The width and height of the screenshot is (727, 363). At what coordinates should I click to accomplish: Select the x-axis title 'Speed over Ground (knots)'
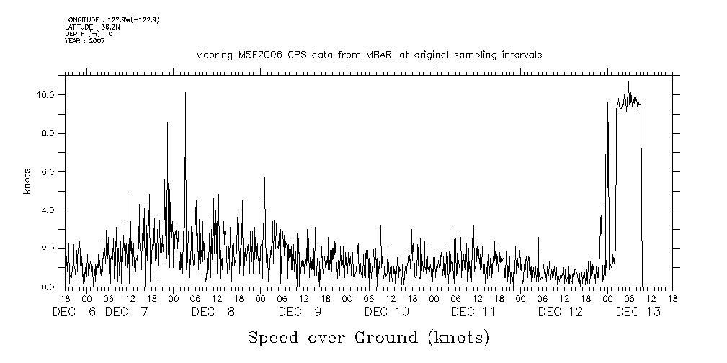[x=368, y=337]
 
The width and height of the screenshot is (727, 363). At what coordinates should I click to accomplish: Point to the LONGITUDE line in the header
[x=112, y=19]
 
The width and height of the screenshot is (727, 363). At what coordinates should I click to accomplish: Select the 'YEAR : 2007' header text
[x=84, y=41]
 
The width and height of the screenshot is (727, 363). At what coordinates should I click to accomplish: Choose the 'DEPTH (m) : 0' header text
[x=89, y=34]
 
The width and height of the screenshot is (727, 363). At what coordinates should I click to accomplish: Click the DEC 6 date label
[x=75, y=312]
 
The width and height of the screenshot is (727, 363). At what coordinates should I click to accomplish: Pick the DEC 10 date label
[x=386, y=312]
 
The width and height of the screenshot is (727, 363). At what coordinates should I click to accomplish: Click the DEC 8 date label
[x=213, y=312]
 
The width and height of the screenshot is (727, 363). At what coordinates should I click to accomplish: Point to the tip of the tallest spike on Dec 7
[x=185, y=92]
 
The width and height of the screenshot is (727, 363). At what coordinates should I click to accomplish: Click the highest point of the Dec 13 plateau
[x=628, y=81]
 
